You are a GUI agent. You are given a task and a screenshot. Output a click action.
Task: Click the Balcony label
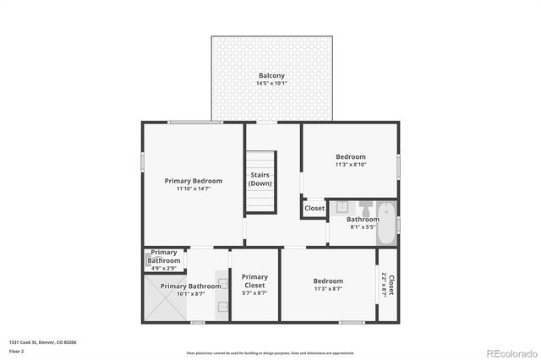click(x=271, y=76)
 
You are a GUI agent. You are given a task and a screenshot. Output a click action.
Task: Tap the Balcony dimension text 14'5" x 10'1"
click(x=271, y=84)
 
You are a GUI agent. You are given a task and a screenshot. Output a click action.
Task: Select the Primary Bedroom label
click(x=194, y=181)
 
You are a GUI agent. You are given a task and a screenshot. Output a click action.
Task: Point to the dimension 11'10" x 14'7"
click(x=194, y=188)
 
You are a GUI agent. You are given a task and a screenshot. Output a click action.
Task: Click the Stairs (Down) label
click(x=260, y=179)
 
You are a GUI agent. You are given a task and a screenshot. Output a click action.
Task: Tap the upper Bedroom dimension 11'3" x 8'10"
click(x=351, y=165)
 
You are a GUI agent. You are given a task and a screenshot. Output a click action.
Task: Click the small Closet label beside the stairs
click(x=314, y=208)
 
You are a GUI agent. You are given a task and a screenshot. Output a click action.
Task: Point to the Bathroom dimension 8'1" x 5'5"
click(x=363, y=227)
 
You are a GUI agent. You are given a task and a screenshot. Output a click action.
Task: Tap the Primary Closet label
click(x=254, y=281)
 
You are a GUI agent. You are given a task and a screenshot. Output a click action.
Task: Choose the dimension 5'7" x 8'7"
click(x=254, y=293)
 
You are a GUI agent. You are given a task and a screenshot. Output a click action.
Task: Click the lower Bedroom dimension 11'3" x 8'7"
click(x=328, y=289)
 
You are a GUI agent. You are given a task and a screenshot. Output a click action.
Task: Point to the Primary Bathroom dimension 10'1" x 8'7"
click(x=191, y=294)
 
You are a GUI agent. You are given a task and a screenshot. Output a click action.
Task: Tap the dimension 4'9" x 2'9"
click(x=164, y=268)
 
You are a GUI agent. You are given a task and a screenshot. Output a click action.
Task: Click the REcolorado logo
click(x=511, y=351)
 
